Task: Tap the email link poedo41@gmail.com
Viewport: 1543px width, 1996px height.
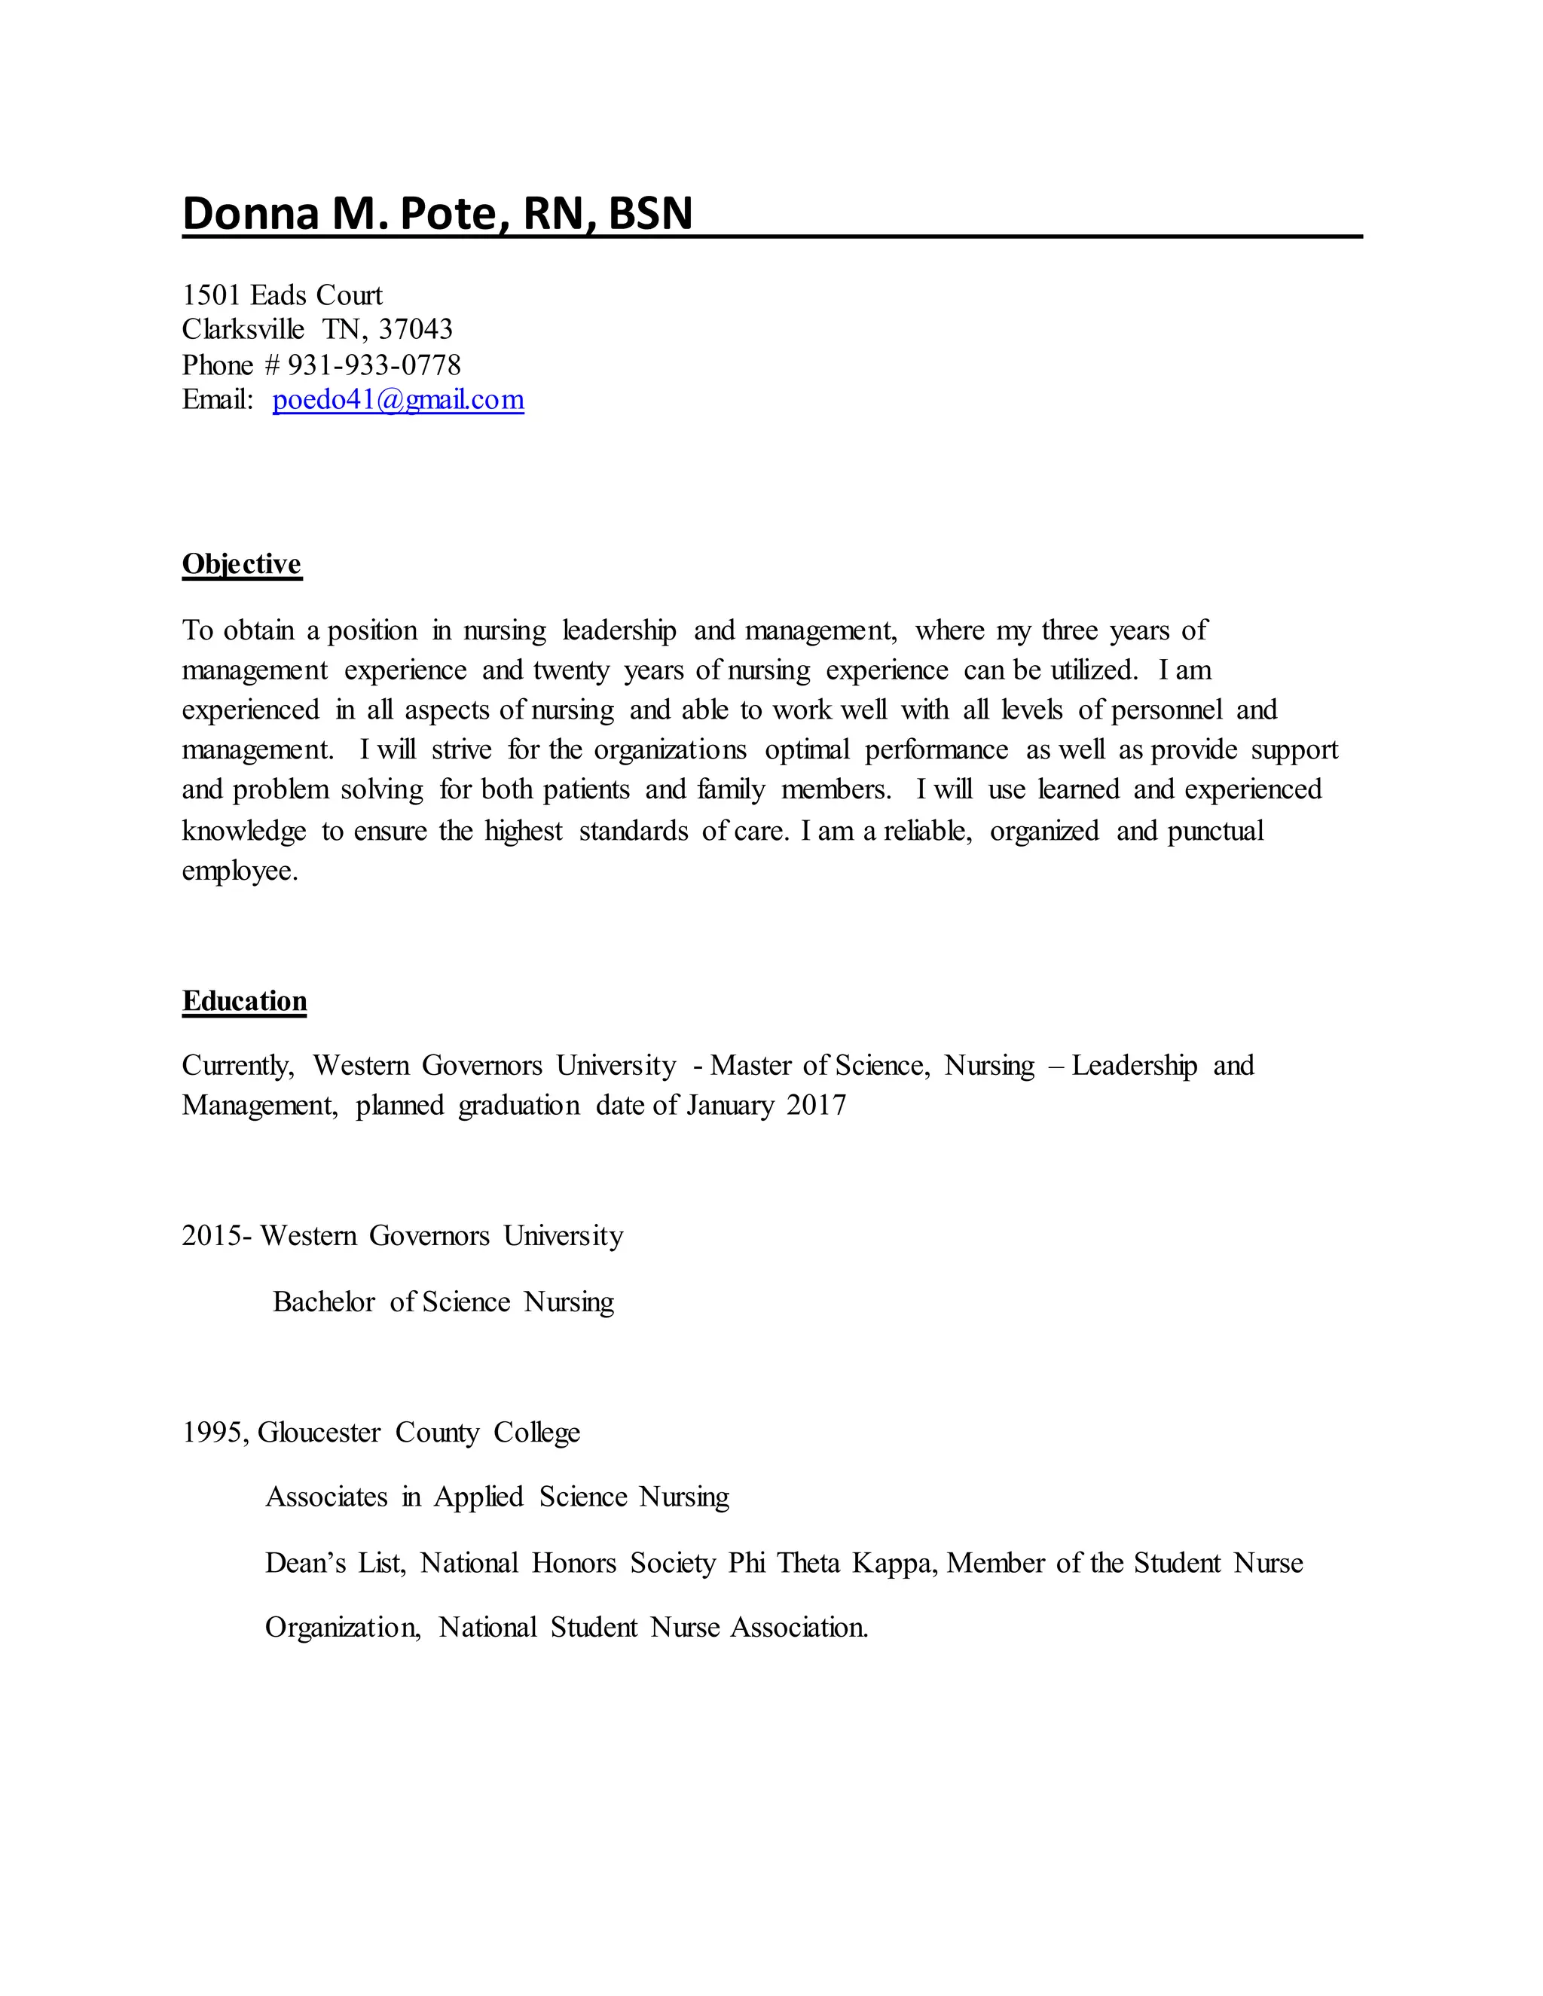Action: [398, 399]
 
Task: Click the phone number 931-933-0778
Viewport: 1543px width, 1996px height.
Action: [374, 365]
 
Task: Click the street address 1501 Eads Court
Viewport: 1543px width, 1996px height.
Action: [282, 295]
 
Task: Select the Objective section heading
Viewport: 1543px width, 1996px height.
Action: [241, 564]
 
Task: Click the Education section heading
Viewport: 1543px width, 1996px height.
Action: [244, 1001]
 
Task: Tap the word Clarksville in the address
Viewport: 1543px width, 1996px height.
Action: [243, 329]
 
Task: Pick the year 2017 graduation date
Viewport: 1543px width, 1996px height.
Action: [816, 1105]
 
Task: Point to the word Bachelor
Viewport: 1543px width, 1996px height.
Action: [323, 1302]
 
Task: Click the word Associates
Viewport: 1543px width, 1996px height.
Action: [326, 1497]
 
